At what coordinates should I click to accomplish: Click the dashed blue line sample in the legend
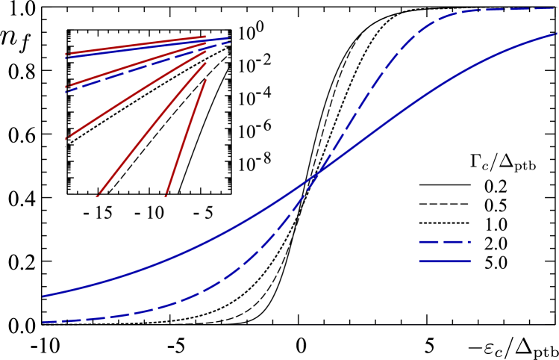tap(445, 242)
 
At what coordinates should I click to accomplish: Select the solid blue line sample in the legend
tap(445, 261)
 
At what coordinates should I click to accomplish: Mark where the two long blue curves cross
tap(319, 173)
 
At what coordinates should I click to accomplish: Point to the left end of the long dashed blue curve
tap(43, 322)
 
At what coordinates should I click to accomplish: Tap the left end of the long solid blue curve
tap(43, 297)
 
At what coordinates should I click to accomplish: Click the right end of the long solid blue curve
tap(557, 34)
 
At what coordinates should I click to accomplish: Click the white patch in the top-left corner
tap(25, 1)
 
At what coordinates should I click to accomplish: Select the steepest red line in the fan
tap(186, 138)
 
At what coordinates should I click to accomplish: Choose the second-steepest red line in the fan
tap(152, 130)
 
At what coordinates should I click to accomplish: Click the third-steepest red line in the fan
tap(136, 95)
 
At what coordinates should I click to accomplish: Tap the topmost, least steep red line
tap(134, 45)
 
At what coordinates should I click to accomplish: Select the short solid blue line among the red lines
tap(149, 47)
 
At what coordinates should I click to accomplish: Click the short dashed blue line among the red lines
tap(149, 66)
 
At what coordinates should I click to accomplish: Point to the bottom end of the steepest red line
tap(166, 196)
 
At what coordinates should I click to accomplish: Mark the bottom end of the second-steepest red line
tap(98, 196)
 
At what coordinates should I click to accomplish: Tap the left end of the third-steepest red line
tap(66, 138)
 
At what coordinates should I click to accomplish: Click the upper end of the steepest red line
tap(205, 80)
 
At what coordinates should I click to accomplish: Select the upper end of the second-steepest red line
tap(205, 63)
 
